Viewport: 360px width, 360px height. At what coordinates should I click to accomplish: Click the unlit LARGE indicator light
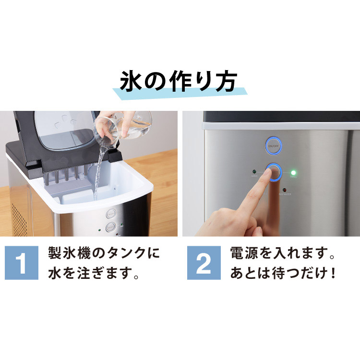click(253, 171)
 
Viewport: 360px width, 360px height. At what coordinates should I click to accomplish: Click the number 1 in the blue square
click(22, 264)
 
